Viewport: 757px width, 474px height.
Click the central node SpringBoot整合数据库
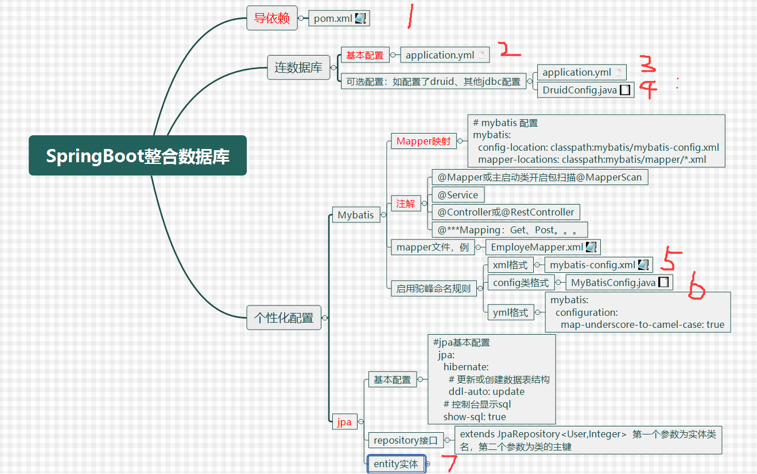[138, 155]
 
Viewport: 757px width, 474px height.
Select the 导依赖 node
[271, 18]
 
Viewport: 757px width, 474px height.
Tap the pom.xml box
[339, 18]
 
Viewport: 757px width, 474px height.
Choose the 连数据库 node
[298, 68]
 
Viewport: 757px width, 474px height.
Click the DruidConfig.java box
[585, 90]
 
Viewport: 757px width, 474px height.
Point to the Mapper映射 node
[423, 141]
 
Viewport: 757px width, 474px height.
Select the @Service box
[457, 195]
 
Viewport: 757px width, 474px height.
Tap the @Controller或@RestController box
[505, 212]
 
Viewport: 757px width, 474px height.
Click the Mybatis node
[355, 215]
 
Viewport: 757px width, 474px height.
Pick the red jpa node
[344, 422]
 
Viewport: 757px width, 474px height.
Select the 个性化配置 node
[284, 318]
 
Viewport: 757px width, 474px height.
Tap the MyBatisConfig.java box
[619, 283]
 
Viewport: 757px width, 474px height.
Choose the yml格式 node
[510, 312]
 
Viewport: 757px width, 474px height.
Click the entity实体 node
[396, 464]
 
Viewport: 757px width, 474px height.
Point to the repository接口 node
[405, 440]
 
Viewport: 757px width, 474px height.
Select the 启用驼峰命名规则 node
[433, 288]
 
